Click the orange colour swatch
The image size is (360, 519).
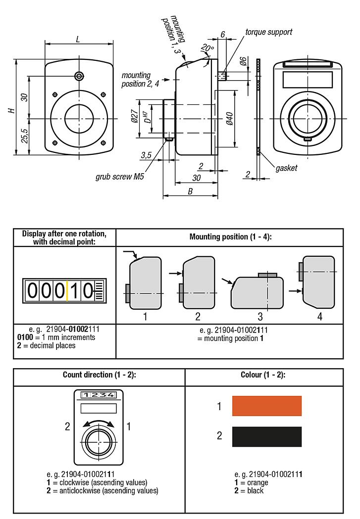(267, 406)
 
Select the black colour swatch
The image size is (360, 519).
(267, 436)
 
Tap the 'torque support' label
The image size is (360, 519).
(269, 32)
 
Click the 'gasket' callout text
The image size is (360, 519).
(286, 168)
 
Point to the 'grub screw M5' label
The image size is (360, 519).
(119, 177)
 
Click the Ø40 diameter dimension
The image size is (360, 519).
(229, 119)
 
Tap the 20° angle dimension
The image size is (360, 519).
(206, 48)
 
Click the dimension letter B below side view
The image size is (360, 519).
(190, 191)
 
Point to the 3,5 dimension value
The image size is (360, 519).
(146, 155)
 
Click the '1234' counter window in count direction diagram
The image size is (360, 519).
(99, 395)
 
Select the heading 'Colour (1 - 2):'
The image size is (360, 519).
(264, 375)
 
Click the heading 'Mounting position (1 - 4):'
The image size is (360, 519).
(230, 236)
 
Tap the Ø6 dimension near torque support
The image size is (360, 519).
(243, 61)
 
